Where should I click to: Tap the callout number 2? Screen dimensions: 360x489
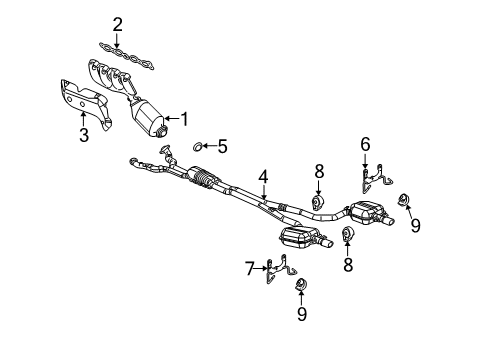pos(117,23)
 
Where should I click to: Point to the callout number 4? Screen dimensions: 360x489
pos(263,177)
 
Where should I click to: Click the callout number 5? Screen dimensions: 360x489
pos(222,146)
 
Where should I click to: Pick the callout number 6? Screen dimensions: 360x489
pos(365,144)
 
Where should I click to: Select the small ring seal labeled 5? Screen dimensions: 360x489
pos(197,147)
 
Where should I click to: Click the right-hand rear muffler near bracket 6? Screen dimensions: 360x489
pos(373,214)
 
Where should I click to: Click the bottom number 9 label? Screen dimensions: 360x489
pos(302,315)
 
